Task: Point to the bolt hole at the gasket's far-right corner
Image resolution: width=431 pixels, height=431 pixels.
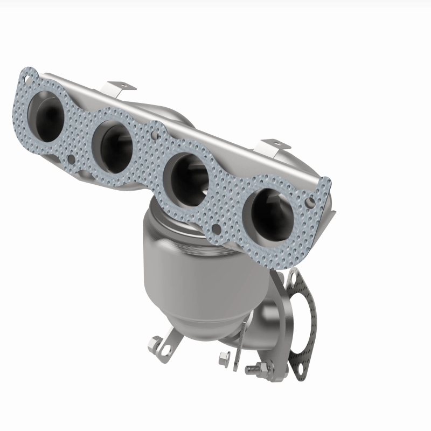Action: coord(312,201)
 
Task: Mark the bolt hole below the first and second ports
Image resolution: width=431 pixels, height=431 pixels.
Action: coord(72,159)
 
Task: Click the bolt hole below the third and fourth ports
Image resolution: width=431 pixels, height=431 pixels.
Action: coord(216,229)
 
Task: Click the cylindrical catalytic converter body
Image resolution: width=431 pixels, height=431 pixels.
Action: coord(178,269)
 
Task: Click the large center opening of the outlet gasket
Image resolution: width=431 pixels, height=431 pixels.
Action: coord(301,323)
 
